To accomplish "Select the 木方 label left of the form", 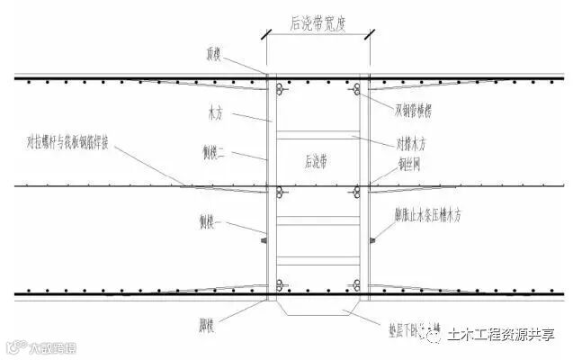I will [x=215, y=115].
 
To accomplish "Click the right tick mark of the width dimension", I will [x=369, y=36].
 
